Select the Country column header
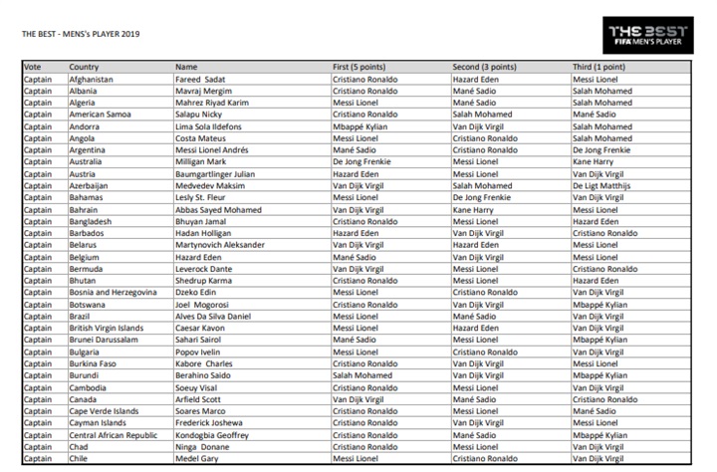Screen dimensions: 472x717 pos(85,67)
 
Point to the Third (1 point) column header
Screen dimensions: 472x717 pos(600,67)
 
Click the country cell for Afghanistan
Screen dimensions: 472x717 pos(92,79)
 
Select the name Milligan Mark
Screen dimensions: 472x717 pos(202,161)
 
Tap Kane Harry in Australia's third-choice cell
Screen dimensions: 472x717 pos(592,161)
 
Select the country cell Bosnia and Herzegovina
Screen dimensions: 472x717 pos(113,293)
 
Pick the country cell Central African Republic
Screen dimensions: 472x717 pos(114,435)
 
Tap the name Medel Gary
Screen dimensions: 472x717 pos(198,459)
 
